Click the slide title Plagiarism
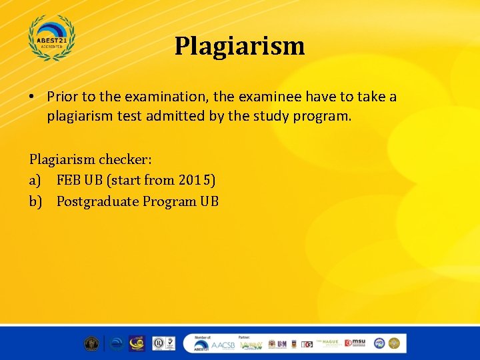point(239,46)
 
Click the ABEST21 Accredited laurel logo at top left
point(52,37)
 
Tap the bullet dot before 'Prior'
point(32,97)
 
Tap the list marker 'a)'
point(36,180)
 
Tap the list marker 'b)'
point(36,201)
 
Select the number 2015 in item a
point(197,180)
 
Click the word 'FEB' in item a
point(69,180)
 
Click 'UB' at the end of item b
point(209,201)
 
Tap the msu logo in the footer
point(356,343)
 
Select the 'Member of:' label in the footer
point(203,337)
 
